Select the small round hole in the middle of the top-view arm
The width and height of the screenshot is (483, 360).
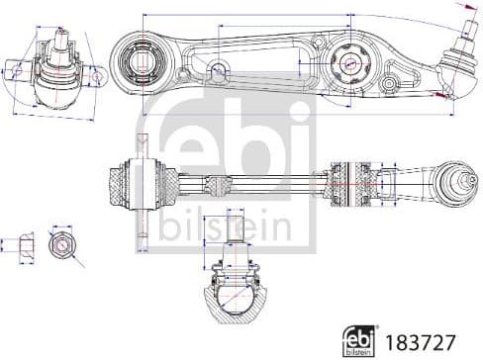point(217,68)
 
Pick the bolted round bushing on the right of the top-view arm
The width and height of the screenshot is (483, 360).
point(350,61)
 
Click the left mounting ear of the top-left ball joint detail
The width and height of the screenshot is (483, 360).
point(17,70)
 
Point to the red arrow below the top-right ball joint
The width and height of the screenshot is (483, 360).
point(438,93)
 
